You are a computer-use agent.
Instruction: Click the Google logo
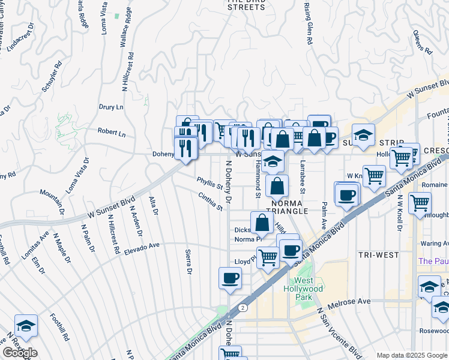pyautogui.click(x=20, y=352)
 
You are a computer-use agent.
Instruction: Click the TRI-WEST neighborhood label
pyautogui.click(x=378, y=255)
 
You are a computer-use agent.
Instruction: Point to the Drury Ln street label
pyautogui.click(x=111, y=107)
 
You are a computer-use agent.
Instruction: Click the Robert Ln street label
pyautogui.click(x=112, y=133)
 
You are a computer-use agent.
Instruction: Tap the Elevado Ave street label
pyautogui.click(x=142, y=246)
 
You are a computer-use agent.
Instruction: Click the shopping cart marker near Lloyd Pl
pyautogui.click(x=268, y=257)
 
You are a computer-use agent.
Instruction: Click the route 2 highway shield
pyautogui.click(x=241, y=307)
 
